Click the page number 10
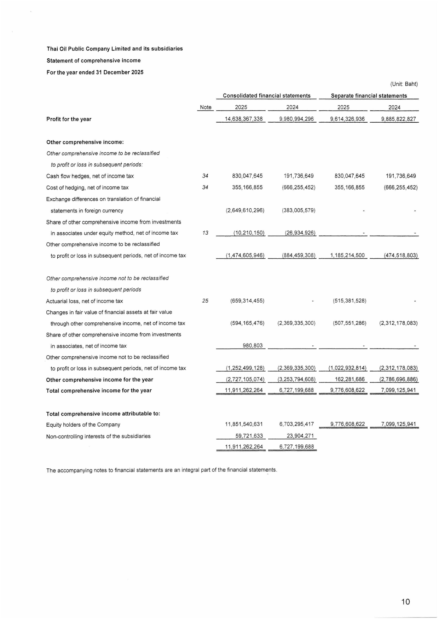(x=405, y=601)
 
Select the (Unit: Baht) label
(x=404, y=84)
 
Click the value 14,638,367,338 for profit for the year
(x=244, y=119)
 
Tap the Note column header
(x=206, y=107)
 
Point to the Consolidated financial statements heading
(x=266, y=95)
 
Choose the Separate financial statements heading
(x=369, y=95)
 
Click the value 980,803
(x=253, y=345)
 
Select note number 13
(x=205, y=233)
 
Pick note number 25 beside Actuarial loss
(x=205, y=301)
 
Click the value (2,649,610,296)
(x=245, y=210)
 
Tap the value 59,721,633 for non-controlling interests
(x=249, y=436)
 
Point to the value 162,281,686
(x=350, y=379)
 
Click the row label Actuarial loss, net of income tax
(x=85, y=301)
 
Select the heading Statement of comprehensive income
(x=93, y=60)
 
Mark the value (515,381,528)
(x=350, y=301)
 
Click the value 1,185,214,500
(x=347, y=255)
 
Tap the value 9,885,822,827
(x=398, y=119)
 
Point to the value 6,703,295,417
(x=296, y=424)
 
